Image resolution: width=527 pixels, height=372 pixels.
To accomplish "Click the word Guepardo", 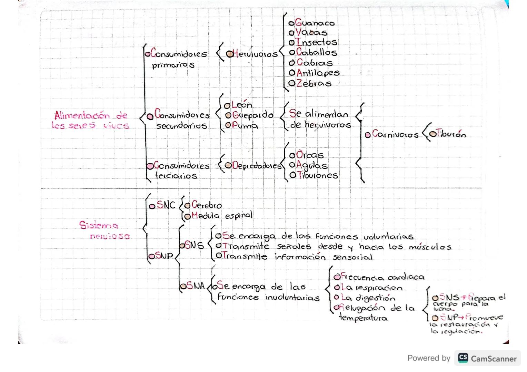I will (252, 115).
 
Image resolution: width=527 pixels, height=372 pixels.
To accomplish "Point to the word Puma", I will (245, 126).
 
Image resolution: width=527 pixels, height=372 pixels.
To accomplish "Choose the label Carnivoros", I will (395, 134).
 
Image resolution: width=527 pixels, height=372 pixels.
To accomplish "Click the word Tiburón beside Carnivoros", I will (451, 134).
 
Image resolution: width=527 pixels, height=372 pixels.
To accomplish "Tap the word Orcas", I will (310, 155).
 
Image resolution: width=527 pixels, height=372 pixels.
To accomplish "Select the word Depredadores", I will (257, 166).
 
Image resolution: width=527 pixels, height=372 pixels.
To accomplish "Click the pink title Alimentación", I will (82, 115).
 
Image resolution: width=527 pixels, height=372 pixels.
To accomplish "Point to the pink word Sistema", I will (99, 225).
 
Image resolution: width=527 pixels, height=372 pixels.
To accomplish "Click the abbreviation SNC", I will (166, 205).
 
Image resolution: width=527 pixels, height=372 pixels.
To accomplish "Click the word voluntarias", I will (388, 237).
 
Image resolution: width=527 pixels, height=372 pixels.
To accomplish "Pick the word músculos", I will (430, 247).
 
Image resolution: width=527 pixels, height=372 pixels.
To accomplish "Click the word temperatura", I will (363, 318).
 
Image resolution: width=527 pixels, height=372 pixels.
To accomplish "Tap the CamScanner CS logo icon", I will (463, 358).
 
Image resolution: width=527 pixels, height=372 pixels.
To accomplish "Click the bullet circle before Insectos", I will (292, 43).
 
